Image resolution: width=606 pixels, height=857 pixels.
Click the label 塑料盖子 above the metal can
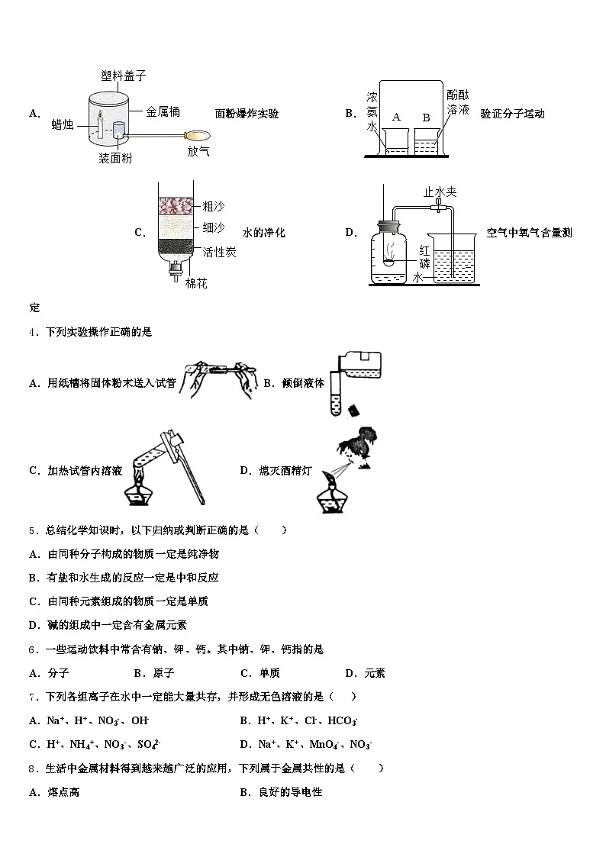click(x=123, y=75)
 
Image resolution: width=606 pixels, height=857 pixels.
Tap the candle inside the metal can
click(x=98, y=126)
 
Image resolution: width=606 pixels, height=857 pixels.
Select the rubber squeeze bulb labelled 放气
click(x=195, y=132)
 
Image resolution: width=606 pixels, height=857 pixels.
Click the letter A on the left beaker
click(x=395, y=117)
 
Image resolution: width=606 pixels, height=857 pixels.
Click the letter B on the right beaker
click(x=426, y=117)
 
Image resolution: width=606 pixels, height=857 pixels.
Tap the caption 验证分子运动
click(x=512, y=114)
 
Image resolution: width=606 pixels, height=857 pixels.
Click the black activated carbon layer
click(x=177, y=247)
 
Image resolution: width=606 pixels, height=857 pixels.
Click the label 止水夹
click(x=440, y=192)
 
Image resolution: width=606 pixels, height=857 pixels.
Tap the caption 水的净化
click(x=263, y=232)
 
